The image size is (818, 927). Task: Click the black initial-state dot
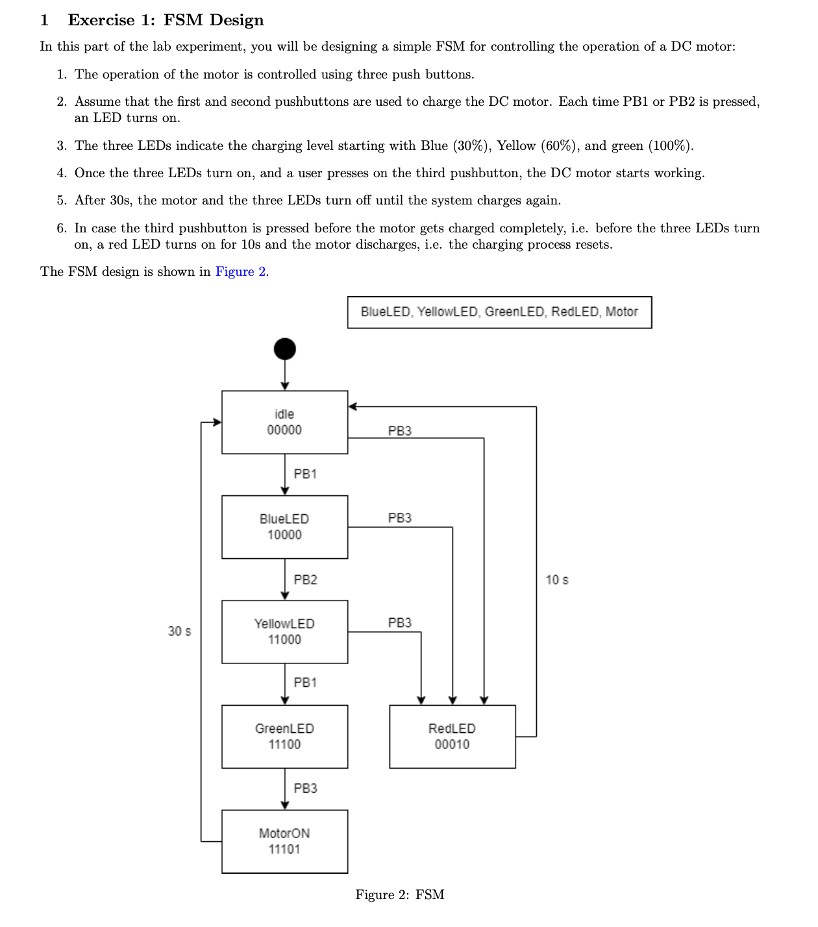[284, 349]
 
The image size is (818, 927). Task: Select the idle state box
[284, 422]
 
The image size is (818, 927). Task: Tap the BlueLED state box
[284, 526]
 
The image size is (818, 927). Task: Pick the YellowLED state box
[284, 632]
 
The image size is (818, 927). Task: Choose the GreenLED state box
[284, 736]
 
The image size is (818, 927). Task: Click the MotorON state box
[284, 841]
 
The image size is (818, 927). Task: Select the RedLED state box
[452, 736]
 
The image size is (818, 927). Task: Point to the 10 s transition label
[556, 580]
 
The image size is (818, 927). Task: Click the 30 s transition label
[179, 631]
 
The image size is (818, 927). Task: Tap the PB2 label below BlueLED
[305, 580]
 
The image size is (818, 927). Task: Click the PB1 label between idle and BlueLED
[305, 474]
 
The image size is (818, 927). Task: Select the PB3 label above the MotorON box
[305, 788]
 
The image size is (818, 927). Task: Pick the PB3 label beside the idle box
[399, 431]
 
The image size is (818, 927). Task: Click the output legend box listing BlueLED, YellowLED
[499, 312]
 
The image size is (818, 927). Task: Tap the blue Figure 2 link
[240, 271]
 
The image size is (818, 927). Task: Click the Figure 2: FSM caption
[399, 895]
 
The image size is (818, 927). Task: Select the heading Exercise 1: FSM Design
[166, 20]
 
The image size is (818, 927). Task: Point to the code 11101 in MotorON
[284, 849]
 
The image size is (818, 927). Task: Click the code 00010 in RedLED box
[452, 745]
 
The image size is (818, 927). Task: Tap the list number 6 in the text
[61, 228]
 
